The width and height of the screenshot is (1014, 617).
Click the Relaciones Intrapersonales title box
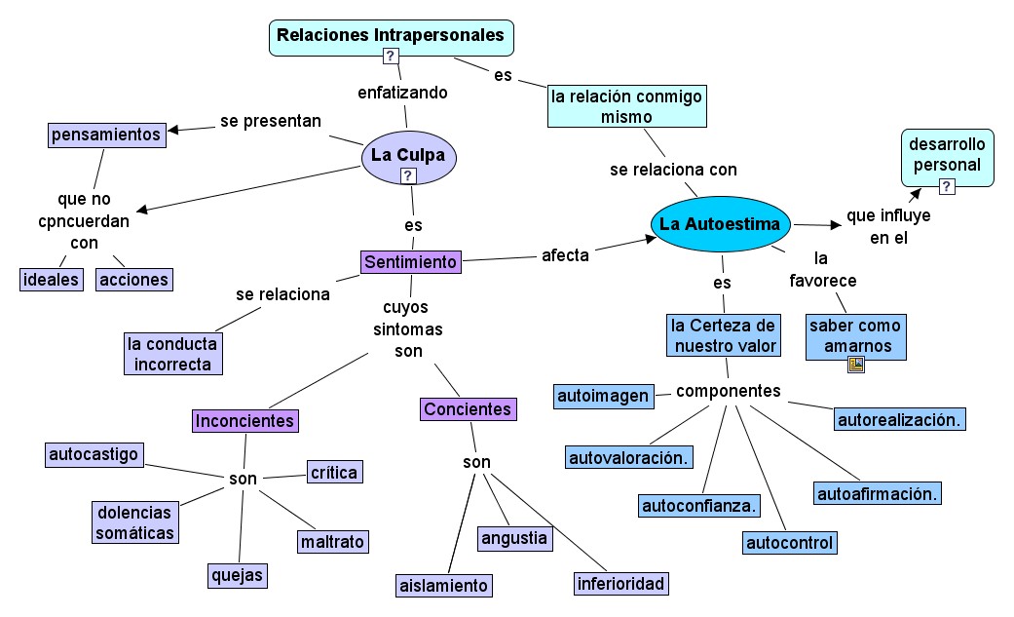[x=391, y=36]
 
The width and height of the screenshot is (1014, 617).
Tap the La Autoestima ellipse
[x=720, y=224]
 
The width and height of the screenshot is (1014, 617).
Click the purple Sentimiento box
[x=410, y=261]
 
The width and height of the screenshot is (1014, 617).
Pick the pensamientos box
[x=106, y=135]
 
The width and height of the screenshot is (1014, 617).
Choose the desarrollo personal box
[x=947, y=156]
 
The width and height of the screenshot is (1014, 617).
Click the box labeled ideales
[x=52, y=280]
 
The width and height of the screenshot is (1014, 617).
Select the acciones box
[x=133, y=280]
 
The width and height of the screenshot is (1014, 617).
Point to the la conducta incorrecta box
[x=173, y=354]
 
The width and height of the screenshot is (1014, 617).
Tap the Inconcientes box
[x=244, y=420]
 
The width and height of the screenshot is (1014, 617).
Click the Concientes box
[x=468, y=409]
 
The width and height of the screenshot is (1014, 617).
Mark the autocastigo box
[x=94, y=454]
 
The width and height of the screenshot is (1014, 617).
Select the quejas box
[x=238, y=575]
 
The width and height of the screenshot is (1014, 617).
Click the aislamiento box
[x=443, y=586]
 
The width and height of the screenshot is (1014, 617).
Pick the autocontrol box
[x=790, y=543]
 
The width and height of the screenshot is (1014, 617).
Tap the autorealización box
[x=900, y=420]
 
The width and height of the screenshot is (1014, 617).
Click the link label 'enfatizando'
[x=403, y=94]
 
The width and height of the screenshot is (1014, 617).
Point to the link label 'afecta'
[x=565, y=255]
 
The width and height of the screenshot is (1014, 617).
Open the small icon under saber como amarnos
[x=856, y=365]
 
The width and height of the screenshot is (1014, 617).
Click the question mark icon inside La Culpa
[x=409, y=176]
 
